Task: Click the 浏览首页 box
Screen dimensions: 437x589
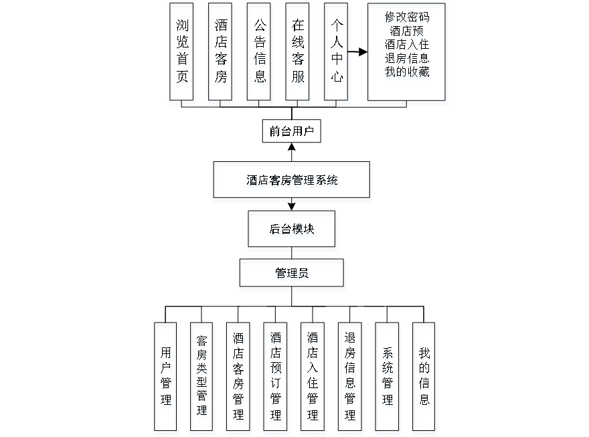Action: click(182, 54)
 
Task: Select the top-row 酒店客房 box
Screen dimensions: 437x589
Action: click(221, 54)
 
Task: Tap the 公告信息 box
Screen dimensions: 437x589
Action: click(260, 54)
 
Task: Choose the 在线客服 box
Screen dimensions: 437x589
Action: click(299, 54)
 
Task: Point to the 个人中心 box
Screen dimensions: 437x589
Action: click(337, 54)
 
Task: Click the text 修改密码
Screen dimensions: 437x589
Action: click(407, 19)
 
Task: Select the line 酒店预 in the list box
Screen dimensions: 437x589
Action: click(407, 31)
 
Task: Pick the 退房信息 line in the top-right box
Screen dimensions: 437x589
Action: click(407, 60)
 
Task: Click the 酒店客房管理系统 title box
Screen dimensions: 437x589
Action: click(292, 181)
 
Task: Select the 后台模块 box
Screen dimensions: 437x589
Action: click(292, 231)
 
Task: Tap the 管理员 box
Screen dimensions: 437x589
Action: click(292, 275)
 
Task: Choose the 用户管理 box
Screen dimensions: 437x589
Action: click(166, 378)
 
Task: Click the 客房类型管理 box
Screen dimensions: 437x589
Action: click(202, 378)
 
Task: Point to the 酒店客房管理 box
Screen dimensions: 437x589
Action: click(239, 378)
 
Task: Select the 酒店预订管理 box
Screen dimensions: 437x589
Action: click(276, 378)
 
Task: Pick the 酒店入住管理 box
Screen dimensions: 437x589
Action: click(313, 378)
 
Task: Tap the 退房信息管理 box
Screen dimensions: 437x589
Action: click(350, 378)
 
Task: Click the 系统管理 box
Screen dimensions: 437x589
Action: click(388, 378)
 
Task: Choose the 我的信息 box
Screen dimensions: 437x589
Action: click(424, 378)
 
